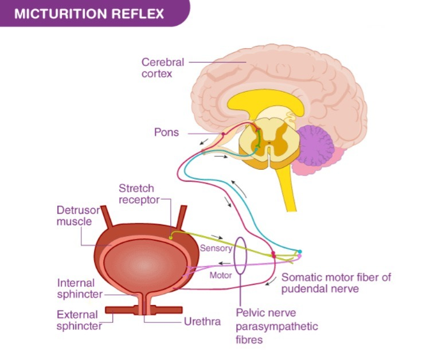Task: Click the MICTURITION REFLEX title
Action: (x=89, y=14)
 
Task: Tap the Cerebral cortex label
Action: (x=163, y=68)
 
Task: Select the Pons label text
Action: (x=166, y=132)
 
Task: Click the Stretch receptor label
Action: (x=139, y=194)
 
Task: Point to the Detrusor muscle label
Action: (x=78, y=216)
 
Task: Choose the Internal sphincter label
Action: (x=80, y=288)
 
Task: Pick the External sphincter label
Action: (x=79, y=320)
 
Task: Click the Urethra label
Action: (x=202, y=322)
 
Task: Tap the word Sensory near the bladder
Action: (x=216, y=248)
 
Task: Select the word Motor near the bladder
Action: (x=221, y=275)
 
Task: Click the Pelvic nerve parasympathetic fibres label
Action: (x=277, y=326)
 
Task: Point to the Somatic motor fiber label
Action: (x=336, y=283)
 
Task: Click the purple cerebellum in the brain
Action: (x=316, y=146)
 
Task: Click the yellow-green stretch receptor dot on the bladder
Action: (x=171, y=238)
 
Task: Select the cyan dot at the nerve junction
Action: (x=300, y=252)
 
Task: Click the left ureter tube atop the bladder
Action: (x=107, y=217)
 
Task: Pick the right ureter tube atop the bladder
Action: (x=182, y=217)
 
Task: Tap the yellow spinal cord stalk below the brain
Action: (x=286, y=189)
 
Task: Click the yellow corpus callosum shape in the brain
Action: (x=265, y=103)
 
